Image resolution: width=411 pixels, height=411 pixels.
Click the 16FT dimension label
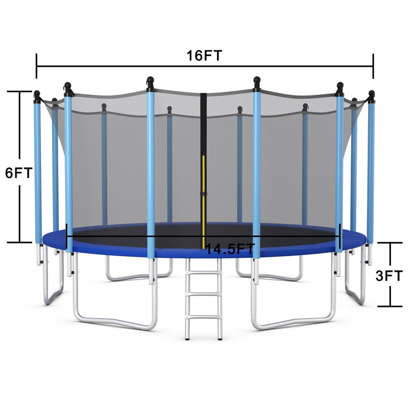click(x=204, y=55)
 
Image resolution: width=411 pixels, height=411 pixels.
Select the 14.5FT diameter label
click(x=229, y=249)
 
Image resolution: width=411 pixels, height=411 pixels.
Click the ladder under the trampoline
click(x=203, y=300)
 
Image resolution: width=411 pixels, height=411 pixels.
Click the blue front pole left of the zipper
click(x=151, y=171)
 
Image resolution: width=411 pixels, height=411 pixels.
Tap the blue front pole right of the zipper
click(x=257, y=171)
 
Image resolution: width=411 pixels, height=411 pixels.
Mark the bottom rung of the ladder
click(x=203, y=320)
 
